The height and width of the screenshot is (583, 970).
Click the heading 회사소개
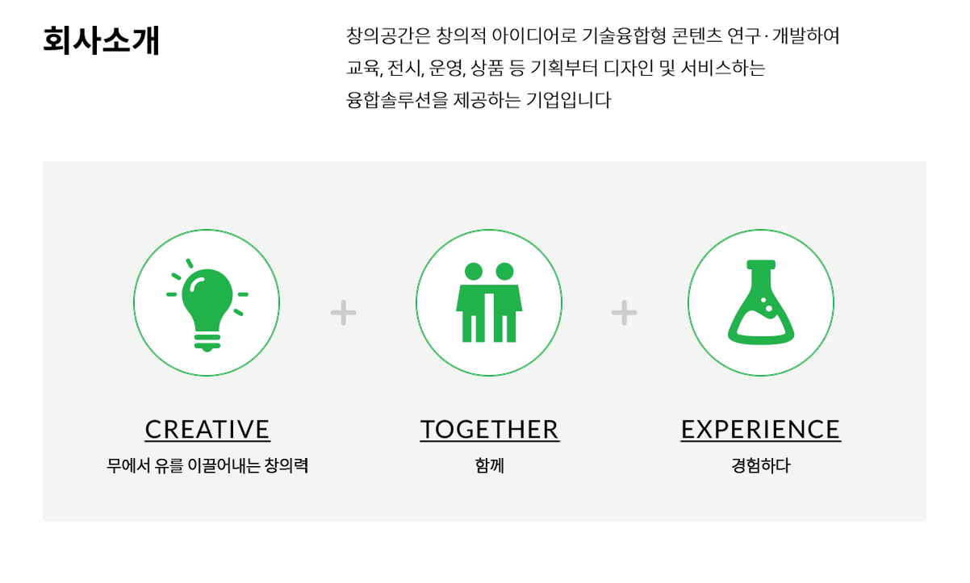[x=102, y=40]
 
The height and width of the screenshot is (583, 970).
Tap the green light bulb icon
[x=207, y=305]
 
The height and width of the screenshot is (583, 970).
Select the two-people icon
[x=489, y=302]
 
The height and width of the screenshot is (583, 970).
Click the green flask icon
[x=761, y=302]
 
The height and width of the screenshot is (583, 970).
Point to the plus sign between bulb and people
[x=344, y=313]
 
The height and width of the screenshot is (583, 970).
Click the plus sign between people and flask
[x=624, y=313]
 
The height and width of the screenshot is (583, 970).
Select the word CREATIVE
[x=207, y=429]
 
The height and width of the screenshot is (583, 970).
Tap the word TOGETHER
[x=490, y=429]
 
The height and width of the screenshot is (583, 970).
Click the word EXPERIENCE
[x=761, y=429]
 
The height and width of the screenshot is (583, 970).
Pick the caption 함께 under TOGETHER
[x=490, y=466]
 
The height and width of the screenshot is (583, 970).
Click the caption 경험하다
[x=761, y=466]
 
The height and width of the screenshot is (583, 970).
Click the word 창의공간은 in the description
[x=388, y=35]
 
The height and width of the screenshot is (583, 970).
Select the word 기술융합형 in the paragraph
[x=624, y=35]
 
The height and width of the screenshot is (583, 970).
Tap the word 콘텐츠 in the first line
[x=696, y=35]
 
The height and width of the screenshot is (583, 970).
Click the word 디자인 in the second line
[x=629, y=68]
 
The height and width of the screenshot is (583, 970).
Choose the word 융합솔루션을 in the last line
[x=397, y=100]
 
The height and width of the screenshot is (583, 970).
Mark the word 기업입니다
[x=569, y=100]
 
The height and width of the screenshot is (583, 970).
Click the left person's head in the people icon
[x=474, y=272]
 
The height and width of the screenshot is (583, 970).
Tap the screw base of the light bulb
[x=207, y=343]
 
